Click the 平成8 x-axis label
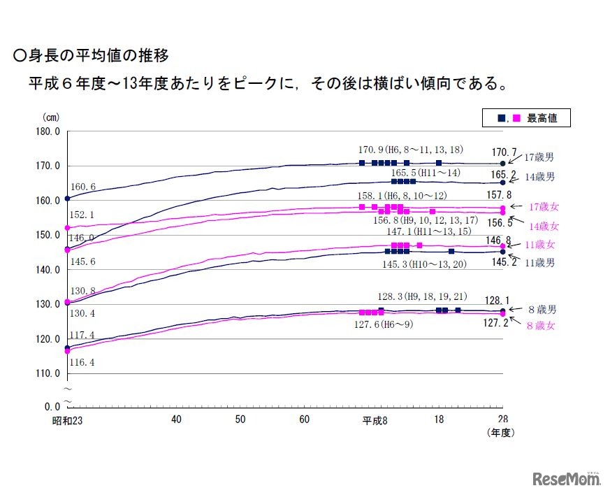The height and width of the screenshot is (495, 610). click(375, 419)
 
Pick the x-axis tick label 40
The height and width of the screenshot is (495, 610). click(176, 419)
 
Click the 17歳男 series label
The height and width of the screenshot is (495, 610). click(539, 159)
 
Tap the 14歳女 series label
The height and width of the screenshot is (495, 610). click(544, 227)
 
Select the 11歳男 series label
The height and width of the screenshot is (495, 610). click(540, 263)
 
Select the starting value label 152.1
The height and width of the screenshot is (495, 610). click(82, 215)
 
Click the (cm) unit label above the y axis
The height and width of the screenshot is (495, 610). click(52, 117)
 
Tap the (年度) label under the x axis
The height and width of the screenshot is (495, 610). click(500, 433)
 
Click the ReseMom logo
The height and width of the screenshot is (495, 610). click(567, 480)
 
